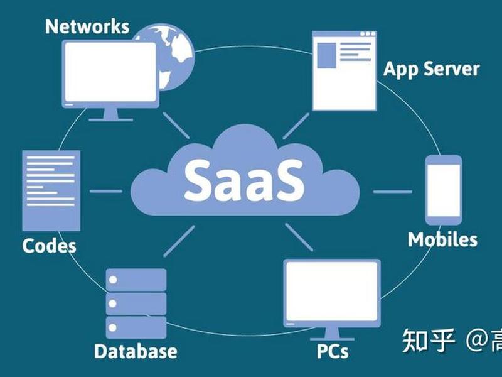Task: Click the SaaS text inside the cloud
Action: tap(244, 180)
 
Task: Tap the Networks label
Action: tap(87, 26)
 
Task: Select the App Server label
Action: tap(431, 69)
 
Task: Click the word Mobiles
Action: tap(442, 239)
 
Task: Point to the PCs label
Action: tap(333, 351)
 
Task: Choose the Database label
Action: tap(136, 351)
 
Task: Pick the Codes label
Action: tap(50, 246)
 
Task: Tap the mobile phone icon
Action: tap(444, 190)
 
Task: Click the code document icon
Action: tap(51, 191)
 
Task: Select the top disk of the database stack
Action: tap(136, 280)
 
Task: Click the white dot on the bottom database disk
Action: tap(112, 327)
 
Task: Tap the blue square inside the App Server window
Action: tap(326, 55)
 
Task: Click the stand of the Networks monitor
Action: tap(111, 115)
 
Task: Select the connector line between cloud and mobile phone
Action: tap(393, 192)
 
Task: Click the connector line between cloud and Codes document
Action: tap(106, 191)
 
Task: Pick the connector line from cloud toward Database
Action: tap(179, 241)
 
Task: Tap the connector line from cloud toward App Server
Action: tap(296, 126)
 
